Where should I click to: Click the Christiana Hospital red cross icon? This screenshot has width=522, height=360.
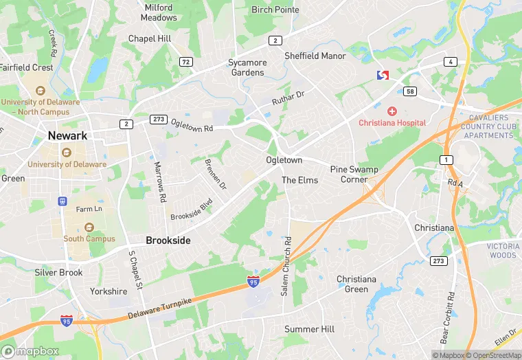pos(392,111)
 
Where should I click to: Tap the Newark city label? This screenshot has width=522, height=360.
pos(67,136)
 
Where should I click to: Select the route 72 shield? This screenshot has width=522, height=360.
pos(185,62)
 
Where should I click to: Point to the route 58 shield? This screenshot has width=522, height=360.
pos(410,91)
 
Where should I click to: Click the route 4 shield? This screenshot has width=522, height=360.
pos(451,62)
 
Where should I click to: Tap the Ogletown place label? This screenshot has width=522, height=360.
pos(284,160)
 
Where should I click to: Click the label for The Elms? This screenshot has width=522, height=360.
pos(300,180)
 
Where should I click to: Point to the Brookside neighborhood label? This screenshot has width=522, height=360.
pos(168,240)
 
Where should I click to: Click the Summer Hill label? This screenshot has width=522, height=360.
pos(310,329)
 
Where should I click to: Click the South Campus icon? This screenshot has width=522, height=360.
pos(89,227)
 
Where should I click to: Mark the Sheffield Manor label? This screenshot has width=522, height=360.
pos(315,56)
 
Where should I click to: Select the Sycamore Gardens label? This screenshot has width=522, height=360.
pos(247,67)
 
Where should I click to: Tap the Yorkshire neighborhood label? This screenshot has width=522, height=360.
pos(109,291)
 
